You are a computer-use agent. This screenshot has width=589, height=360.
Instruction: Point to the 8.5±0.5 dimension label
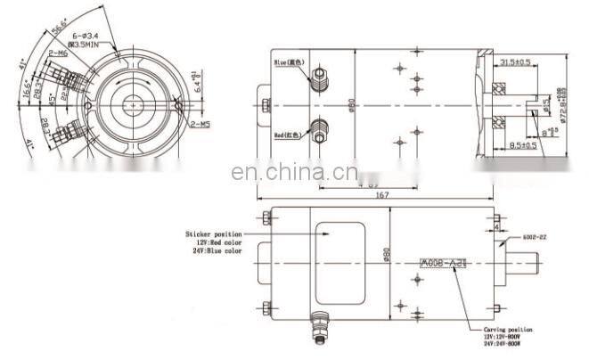pyautogui.click(x=517, y=143)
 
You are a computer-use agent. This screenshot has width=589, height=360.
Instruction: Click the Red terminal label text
pyautogui.click(x=287, y=136)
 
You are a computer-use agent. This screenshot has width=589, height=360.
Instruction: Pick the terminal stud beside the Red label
pyautogui.click(x=317, y=127)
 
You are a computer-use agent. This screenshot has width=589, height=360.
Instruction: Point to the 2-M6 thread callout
pyautogui.click(x=59, y=53)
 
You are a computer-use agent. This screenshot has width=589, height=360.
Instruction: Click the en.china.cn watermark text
pyautogui.click(x=293, y=173)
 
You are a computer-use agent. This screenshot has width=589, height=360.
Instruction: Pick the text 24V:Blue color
pyautogui.click(x=217, y=250)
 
